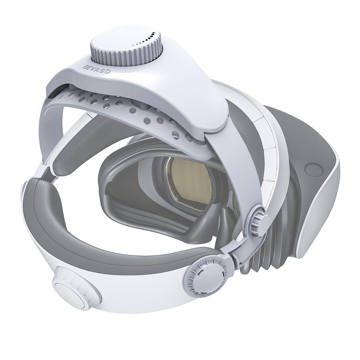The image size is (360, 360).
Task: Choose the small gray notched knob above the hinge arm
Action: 259,219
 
